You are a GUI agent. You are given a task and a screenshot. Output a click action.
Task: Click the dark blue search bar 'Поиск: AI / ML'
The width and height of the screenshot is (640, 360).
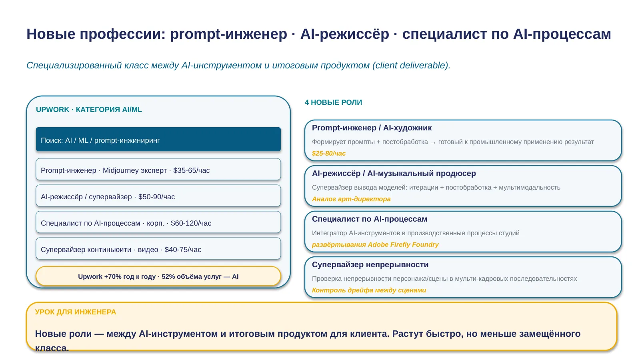158,139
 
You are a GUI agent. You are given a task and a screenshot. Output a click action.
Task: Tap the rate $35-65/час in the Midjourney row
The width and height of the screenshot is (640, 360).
192,170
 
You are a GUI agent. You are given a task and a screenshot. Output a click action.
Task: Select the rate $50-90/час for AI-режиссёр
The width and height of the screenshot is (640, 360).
156,197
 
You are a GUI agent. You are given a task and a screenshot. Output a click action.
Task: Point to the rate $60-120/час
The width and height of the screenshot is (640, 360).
191,223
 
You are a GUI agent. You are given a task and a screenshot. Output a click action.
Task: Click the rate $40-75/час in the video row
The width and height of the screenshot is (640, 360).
183,250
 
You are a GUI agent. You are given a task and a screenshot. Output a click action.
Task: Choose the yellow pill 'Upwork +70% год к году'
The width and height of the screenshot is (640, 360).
158,276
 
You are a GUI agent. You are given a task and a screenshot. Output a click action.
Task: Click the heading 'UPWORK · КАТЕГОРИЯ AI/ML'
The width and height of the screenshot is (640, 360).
89,110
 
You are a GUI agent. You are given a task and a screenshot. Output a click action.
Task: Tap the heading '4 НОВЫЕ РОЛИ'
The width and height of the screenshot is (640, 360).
334,102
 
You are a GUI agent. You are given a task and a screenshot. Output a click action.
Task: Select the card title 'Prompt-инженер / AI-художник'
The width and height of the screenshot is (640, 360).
372,128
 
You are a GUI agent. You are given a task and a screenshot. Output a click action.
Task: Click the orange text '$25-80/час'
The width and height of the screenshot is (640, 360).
328,154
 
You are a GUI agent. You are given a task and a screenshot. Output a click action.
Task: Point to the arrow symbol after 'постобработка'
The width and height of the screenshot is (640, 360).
433,142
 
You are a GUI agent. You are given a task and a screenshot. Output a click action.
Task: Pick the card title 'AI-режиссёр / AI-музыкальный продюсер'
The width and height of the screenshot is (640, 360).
394,174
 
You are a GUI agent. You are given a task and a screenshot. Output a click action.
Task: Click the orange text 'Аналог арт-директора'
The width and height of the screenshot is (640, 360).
351,199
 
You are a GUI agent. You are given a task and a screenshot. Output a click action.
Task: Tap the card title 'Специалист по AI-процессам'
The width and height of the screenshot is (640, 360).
370,219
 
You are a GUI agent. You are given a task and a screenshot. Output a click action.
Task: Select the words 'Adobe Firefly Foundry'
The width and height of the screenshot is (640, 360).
403,244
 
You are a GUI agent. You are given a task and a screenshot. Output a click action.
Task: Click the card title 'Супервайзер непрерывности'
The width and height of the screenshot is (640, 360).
370,264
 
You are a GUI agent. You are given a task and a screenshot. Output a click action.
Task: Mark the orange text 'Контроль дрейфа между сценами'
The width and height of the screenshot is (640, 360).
369,290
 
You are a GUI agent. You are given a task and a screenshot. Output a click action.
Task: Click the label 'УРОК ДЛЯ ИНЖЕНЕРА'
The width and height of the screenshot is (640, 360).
76,312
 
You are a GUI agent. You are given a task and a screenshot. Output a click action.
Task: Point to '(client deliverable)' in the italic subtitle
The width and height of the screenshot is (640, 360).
411,66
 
